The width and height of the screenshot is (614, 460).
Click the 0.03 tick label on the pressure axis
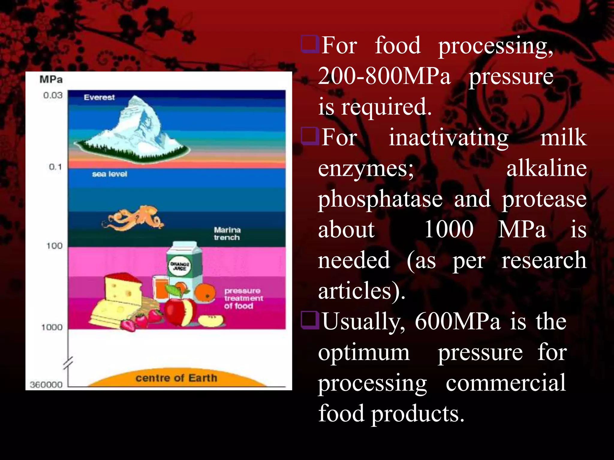tap(53, 95)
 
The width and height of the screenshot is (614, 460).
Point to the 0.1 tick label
tap(55, 167)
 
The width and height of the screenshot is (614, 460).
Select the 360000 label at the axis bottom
tap(46, 385)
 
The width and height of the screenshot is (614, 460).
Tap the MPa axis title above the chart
tap(51, 80)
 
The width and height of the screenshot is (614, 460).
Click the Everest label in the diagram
tap(99, 97)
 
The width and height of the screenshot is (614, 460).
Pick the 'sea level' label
tap(109, 174)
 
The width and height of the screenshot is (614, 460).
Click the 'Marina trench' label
tap(227, 234)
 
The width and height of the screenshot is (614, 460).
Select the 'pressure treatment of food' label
tap(243, 298)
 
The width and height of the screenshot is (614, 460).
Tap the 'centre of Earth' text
tap(176, 378)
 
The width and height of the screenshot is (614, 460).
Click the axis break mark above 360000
tap(68, 363)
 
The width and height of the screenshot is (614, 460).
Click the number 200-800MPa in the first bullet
tap(384, 76)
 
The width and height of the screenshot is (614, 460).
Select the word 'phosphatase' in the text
tap(380, 199)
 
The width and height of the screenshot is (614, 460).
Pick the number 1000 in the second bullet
tap(449, 229)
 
